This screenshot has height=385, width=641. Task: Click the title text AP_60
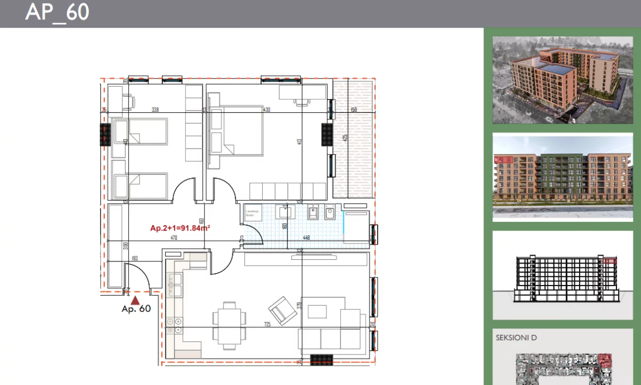point(57,12)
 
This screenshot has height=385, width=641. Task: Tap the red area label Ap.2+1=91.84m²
point(179,228)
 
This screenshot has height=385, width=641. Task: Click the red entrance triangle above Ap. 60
point(136,301)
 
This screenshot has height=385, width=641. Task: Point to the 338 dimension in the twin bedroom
point(155,110)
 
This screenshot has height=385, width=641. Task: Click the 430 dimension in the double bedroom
point(267,110)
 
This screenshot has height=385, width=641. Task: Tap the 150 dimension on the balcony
point(354,110)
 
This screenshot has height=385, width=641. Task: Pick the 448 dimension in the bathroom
point(307,238)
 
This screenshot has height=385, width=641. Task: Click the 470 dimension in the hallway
point(174,238)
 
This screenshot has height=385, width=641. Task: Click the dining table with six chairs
point(230,321)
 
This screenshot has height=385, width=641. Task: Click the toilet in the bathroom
point(329,214)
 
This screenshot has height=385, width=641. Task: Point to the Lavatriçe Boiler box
point(253,213)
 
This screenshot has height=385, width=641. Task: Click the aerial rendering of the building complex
point(562,80)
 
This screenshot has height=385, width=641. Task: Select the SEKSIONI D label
point(516,337)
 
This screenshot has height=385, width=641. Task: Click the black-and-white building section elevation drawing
point(562,277)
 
